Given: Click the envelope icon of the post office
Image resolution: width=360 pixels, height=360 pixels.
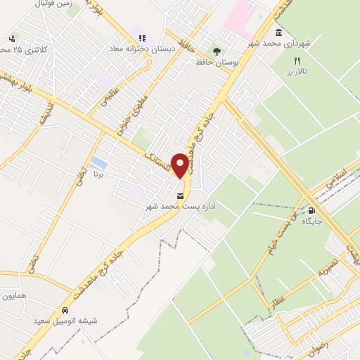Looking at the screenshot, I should [181, 195].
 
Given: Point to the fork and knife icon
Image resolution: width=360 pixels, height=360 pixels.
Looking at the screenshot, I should [297, 60].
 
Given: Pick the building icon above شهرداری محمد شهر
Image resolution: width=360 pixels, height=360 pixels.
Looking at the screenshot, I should [279, 32].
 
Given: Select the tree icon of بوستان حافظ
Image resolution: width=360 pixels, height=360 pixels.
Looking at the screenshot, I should [217, 51].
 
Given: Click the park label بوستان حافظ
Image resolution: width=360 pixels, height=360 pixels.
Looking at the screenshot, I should [217, 63].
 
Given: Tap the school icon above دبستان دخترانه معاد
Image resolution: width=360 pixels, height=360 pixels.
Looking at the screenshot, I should [142, 38].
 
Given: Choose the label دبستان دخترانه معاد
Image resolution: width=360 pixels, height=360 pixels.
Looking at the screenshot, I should [137, 50].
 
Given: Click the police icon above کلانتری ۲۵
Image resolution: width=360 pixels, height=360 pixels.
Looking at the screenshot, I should [12, 39].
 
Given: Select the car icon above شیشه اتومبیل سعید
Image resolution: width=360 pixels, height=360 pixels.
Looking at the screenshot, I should [65, 310].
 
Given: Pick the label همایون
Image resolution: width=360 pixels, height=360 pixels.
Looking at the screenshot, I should [14, 296].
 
